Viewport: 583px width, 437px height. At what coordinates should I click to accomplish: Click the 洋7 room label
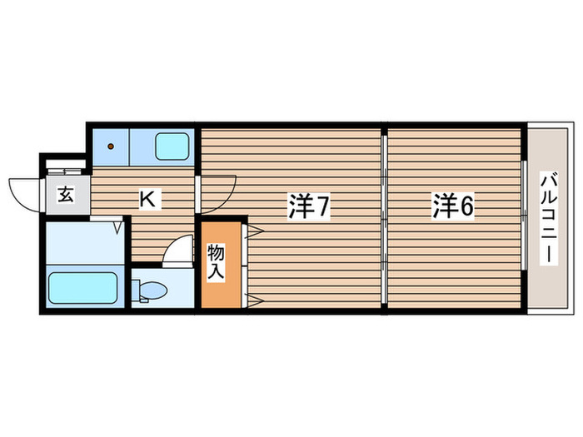(309, 207)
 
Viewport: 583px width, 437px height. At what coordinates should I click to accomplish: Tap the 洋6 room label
(452, 206)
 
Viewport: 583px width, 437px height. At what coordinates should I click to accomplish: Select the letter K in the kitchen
(147, 200)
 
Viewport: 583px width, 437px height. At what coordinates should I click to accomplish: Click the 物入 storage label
(217, 261)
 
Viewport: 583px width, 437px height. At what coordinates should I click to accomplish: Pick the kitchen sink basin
(172, 147)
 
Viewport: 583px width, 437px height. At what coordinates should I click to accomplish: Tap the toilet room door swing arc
(177, 251)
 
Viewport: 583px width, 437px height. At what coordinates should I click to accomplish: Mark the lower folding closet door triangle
(255, 298)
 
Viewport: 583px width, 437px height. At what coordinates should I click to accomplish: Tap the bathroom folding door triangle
(120, 225)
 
